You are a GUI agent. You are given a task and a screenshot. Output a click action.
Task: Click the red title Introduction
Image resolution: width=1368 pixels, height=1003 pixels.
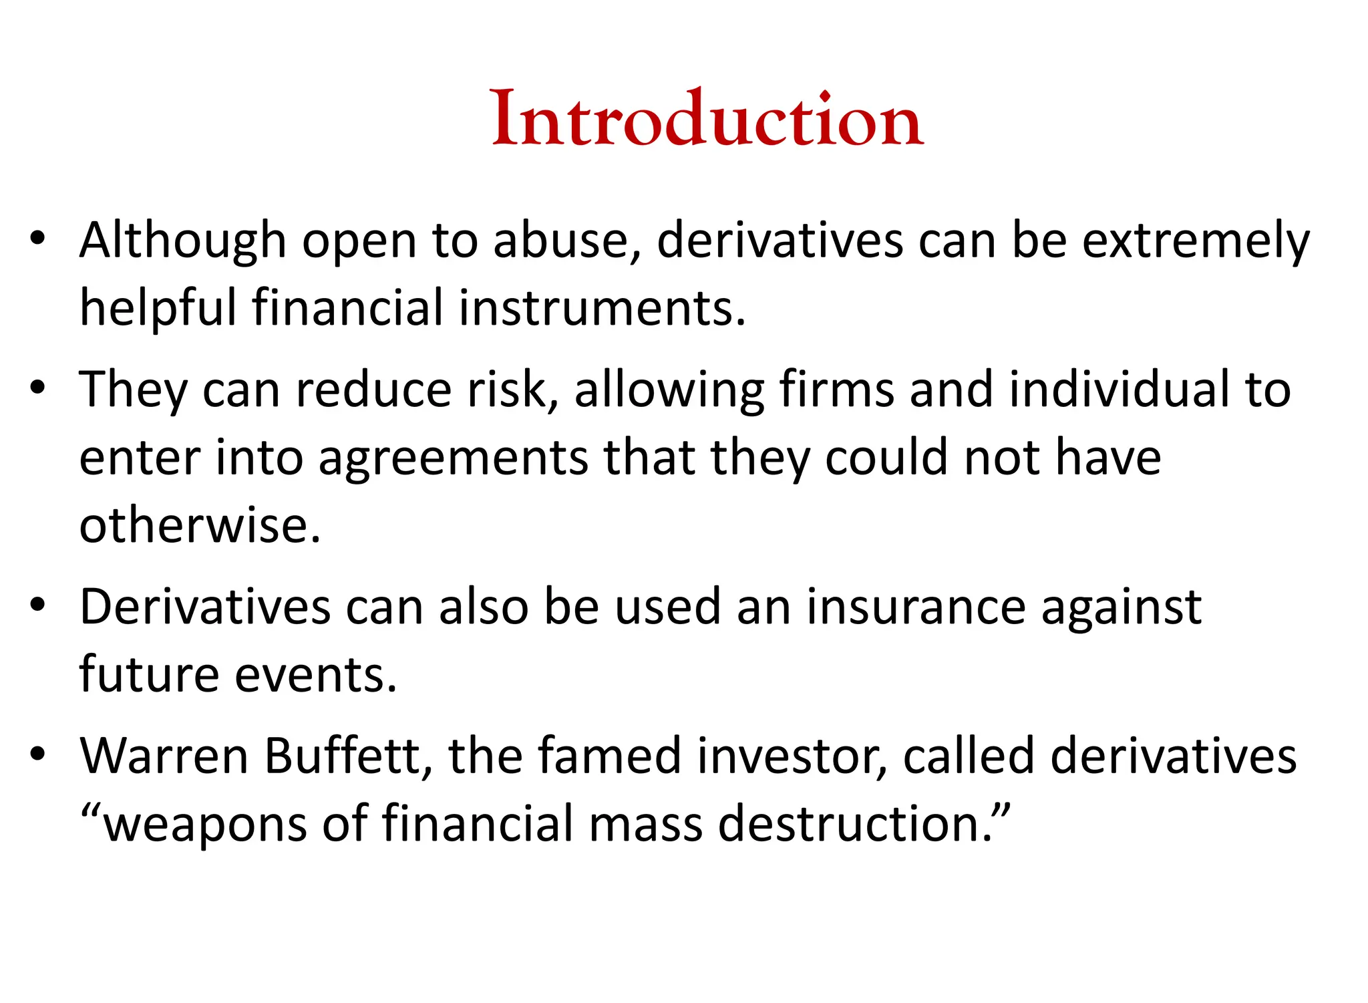pos(707,119)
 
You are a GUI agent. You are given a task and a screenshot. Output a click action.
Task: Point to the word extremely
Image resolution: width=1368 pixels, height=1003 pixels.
pos(1196,241)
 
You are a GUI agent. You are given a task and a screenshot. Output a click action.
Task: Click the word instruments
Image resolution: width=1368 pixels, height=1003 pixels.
pos(602,309)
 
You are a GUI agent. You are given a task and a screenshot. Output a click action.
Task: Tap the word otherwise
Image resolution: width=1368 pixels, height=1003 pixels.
pos(200,526)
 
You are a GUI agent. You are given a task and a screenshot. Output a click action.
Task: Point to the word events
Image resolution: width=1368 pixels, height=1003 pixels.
pos(316,676)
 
